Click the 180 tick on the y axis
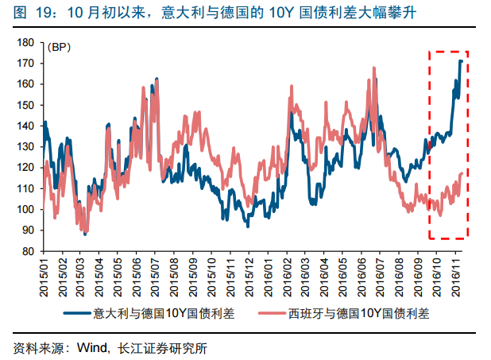24,42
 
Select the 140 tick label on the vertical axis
24,126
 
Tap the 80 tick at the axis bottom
26,251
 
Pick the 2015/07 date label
156,274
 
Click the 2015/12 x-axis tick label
248,274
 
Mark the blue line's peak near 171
461,60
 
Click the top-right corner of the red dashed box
468,52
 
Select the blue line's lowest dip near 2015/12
247,226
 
